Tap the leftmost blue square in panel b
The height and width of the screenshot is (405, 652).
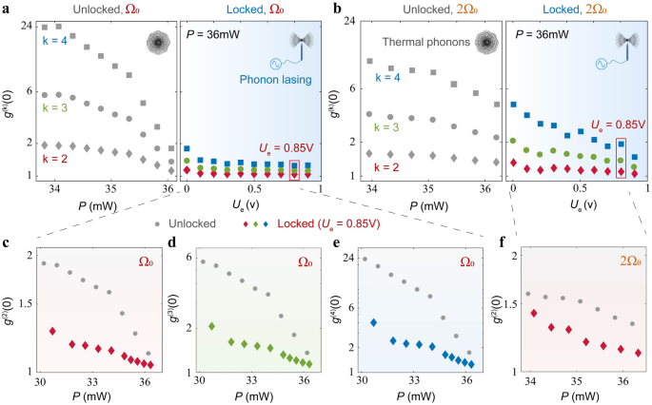click(513, 105)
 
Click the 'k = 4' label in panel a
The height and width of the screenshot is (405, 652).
click(52, 41)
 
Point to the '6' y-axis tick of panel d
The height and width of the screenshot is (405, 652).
click(188, 259)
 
